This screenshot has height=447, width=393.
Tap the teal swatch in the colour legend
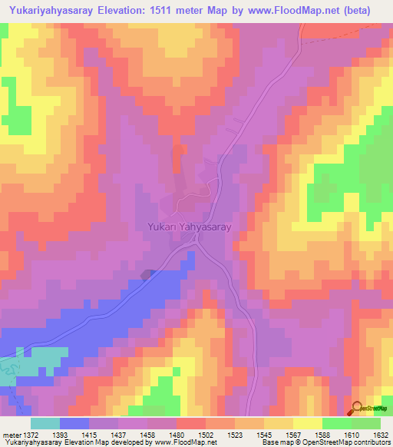[45, 423]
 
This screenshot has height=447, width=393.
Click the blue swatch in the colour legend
[74, 423]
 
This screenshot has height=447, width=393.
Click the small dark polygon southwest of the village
[147, 274]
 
